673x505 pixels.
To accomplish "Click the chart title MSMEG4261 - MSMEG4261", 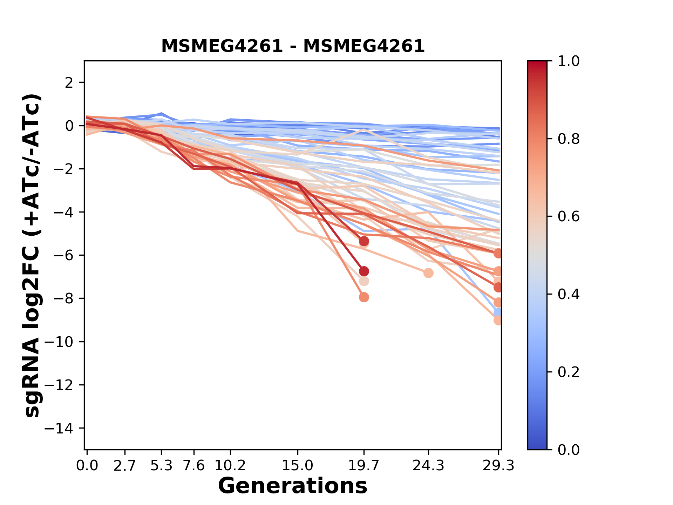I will [x=293, y=46].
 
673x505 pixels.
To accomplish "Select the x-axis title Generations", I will [x=293, y=486].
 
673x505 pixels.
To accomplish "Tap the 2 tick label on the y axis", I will [x=69, y=83].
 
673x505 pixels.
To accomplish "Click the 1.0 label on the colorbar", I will [x=569, y=61].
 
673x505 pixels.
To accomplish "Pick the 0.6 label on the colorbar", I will [x=569, y=217].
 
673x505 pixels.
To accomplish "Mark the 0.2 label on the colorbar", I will [x=569, y=372].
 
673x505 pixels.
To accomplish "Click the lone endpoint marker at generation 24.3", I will [x=428, y=273].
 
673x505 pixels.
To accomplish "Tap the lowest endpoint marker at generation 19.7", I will [x=364, y=297].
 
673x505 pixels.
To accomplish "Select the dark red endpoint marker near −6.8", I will [x=364, y=271].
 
